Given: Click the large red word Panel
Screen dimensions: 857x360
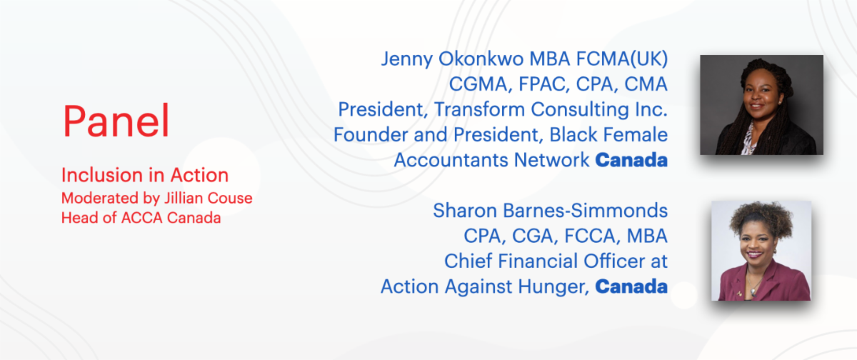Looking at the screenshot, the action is click(116, 121).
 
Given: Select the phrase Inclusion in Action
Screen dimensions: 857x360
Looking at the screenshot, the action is click(145, 175).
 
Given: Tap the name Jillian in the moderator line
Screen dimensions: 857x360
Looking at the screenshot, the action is click(184, 198).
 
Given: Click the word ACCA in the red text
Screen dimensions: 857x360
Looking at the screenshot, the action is click(142, 218).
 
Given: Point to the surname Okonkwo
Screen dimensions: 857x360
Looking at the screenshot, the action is click(481, 59).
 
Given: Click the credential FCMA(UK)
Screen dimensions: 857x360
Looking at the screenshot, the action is click(622, 59).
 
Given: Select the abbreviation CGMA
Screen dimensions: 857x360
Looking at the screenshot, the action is click(481, 84).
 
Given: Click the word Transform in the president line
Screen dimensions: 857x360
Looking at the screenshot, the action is click(479, 109).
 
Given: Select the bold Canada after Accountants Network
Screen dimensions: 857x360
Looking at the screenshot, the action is click(631, 160).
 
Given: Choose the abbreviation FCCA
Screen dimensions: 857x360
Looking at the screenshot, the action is click(593, 236).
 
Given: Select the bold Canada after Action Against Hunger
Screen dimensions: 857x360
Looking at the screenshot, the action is click(631, 286).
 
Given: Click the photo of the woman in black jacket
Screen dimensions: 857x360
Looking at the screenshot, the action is click(761, 105).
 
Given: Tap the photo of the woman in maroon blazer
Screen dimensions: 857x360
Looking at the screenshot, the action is click(761, 251).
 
